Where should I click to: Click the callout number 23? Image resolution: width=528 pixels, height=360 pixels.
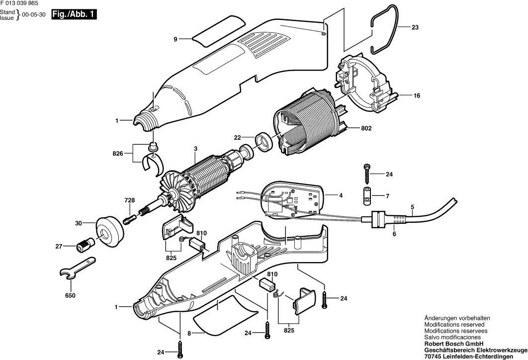click(x=415, y=28)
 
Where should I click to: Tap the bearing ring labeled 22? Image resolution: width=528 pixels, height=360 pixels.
click(x=264, y=141)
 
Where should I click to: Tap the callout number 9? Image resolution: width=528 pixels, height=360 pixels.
click(x=175, y=39)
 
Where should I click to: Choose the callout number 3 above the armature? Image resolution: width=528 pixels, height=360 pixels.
click(x=195, y=149)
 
